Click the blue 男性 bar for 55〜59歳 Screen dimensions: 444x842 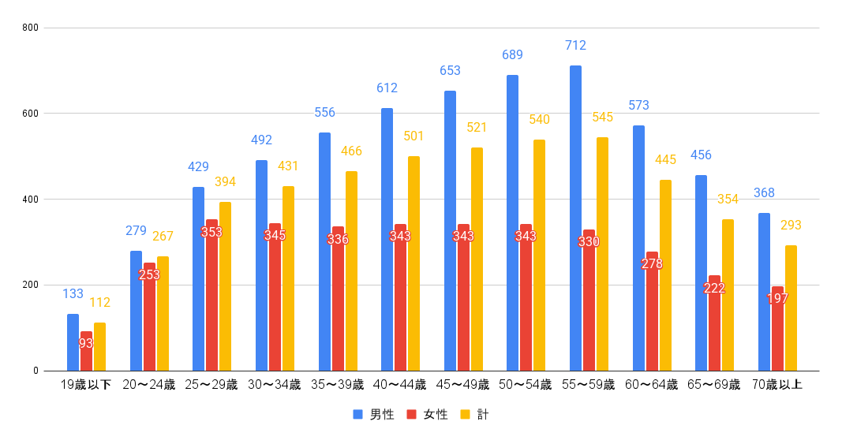(575, 218)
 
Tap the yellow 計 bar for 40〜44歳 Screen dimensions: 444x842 (414, 263)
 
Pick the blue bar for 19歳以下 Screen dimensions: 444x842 (73, 342)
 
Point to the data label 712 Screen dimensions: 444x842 (575, 46)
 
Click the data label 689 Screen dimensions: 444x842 (512, 55)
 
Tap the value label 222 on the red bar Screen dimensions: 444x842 (714, 288)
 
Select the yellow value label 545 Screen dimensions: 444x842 (603, 118)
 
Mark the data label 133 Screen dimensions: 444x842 (73, 294)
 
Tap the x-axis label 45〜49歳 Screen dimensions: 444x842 (463, 385)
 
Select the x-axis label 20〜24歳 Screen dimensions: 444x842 (148, 385)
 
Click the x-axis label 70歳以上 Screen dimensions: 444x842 (777, 385)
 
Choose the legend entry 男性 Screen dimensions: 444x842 (382, 414)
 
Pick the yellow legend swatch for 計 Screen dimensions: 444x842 (465, 414)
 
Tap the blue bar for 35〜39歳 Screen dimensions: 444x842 (324, 252)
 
